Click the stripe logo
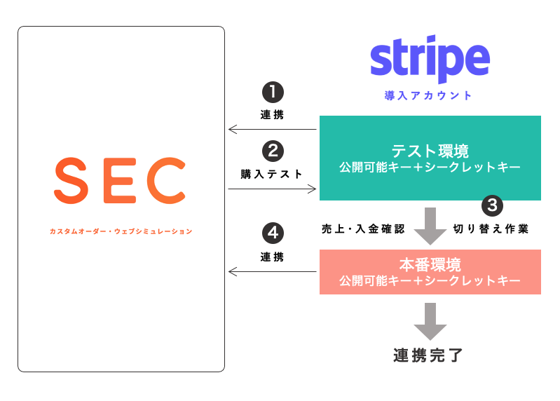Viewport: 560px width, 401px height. pos(429,61)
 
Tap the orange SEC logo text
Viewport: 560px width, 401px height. pos(120,179)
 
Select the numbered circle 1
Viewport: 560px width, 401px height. pos(273,93)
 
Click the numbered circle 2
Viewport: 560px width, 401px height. pos(273,151)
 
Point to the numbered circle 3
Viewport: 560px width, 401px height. pos(493,206)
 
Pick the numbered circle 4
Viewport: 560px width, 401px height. pos(273,232)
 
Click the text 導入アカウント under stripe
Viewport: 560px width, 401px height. pos(429,96)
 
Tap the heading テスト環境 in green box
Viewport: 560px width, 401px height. pos(430,151)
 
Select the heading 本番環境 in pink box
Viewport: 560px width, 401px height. pos(430,265)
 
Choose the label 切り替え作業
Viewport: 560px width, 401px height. pos(491,229)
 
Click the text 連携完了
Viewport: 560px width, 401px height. pos(429,354)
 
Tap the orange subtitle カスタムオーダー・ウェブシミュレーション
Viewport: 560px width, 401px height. pos(121,231)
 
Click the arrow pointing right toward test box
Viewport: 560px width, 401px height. pos(272,189)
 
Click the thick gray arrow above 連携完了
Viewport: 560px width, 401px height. pos(430,321)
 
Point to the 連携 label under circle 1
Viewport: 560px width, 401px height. pos(272,115)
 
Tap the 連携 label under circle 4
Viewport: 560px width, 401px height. pos(272,257)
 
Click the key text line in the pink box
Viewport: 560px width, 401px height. pos(430,281)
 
